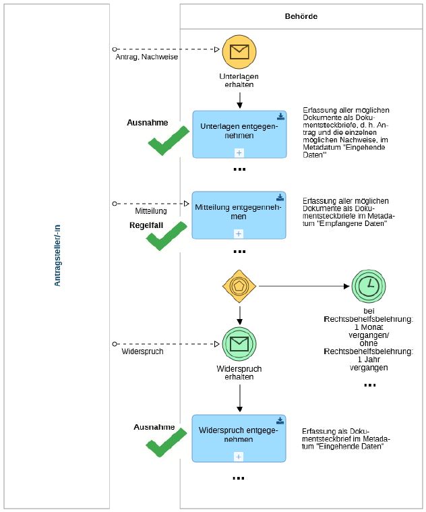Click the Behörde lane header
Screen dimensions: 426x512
(x=301, y=16)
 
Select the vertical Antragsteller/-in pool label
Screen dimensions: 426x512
(x=57, y=256)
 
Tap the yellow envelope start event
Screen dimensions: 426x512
(x=239, y=51)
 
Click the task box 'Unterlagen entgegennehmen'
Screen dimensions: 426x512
(x=239, y=134)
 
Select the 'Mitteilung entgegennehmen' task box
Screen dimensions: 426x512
(x=239, y=215)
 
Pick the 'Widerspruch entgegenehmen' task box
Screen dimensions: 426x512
(x=239, y=438)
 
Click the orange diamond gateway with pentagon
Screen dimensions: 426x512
(x=239, y=286)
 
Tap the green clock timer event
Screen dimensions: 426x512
(x=369, y=286)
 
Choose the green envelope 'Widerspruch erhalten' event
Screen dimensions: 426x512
(x=239, y=344)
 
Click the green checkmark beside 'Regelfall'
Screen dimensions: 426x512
(x=166, y=236)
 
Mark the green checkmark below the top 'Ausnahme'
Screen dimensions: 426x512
(x=169, y=141)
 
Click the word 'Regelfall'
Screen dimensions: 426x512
(x=146, y=225)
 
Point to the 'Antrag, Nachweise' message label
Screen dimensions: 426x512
(x=147, y=57)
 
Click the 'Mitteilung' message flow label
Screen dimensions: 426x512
(x=151, y=211)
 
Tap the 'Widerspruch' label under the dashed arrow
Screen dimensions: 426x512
(x=142, y=351)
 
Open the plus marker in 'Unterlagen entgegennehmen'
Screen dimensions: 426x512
(x=239, y=152)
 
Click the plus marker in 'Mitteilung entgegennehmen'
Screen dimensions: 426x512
(x=239, y=233)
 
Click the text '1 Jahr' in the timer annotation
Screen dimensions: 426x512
(x=369, y=360)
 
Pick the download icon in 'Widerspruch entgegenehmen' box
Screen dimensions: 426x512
(x=280, y=420)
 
